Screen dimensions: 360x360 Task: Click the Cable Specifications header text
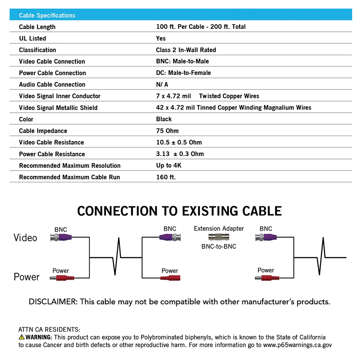47,15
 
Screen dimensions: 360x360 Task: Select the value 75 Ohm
167,131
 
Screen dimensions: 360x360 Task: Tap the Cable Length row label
37,27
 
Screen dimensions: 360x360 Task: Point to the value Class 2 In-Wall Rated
186,50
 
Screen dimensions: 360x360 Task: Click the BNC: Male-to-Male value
182,62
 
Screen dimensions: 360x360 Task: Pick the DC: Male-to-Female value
183,73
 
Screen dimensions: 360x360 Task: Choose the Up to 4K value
168,166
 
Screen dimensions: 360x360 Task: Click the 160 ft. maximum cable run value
166,177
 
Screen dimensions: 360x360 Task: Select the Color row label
26,119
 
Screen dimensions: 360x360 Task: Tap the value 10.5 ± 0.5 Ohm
179,142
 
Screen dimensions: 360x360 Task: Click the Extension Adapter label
219,228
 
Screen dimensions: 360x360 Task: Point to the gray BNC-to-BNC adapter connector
219,238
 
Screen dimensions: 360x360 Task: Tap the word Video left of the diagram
25,238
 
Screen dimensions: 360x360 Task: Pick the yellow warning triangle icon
22,337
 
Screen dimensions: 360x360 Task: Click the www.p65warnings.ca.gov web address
297,345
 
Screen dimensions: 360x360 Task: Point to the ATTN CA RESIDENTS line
49,330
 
